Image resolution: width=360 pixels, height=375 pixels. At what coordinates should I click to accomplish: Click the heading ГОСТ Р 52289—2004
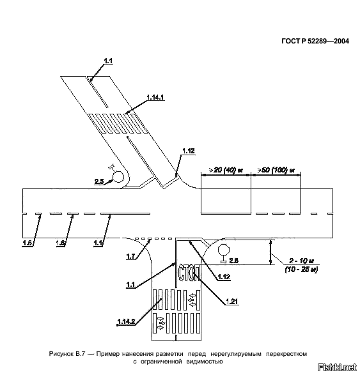tap(315, 42)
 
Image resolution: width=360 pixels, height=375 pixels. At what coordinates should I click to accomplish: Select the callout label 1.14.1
tap(155, 97)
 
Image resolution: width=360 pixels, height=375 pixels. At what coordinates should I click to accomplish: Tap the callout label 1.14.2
tap(127, 321)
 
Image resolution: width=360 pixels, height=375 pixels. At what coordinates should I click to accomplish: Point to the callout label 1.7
tap(130, 257)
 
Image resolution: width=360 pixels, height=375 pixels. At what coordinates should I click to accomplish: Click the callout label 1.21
tap(232, 302)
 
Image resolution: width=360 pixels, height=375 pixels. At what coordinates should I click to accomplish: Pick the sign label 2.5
tap(99, 181)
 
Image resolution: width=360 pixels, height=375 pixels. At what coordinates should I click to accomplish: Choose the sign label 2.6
tap(234, 261)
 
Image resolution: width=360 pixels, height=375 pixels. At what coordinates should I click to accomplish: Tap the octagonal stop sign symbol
tap(224, 250)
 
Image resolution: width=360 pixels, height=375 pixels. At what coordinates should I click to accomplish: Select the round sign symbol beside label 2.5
tap(118, 177)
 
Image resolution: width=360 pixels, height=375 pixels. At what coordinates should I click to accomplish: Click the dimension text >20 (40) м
tap(226, 171)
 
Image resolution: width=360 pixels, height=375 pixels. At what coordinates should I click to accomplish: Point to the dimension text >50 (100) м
tap(276, 171)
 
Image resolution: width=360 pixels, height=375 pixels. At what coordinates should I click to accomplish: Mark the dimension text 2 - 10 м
tap(302, 261)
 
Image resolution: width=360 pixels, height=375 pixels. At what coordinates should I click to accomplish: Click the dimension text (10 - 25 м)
tap(301, 270)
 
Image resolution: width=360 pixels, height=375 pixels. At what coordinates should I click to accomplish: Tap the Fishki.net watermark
tap(337, 367)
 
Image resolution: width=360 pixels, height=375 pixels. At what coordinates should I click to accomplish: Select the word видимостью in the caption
tap(205, 362)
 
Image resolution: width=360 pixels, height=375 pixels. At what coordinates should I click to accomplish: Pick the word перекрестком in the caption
tap(286, 354)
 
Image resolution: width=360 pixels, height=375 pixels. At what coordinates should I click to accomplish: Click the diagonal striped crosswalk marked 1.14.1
tap(118, 123)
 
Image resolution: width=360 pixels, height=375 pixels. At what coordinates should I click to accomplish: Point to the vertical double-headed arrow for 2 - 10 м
tap(270, 252)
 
